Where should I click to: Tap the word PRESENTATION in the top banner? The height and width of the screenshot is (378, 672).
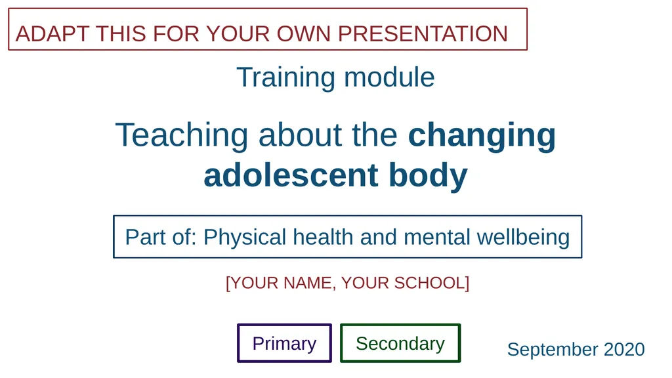pyautogui.click(x=423, y=34)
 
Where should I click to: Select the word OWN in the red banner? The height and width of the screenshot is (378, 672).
pyautogui.click(x=303, y=34)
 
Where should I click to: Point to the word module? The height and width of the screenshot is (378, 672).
pyautogui.click(x=389, y=77)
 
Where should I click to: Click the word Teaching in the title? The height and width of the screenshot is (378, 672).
pyautogui.click(x=182, y=136)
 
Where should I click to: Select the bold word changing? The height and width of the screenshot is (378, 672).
pyautogui.click(x=482, y=136)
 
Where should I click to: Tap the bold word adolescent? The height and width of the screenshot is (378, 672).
pyautogui.click(x=291, y=175)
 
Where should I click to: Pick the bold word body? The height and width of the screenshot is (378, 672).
pyautogui.click(x=428, y=176)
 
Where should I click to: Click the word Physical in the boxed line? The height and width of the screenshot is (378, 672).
pyautogui.click(x=245, y=238)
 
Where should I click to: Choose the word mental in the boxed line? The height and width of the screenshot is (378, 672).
pyautogui.click(x=436, y=237)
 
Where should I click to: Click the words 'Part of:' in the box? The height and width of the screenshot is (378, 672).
pyautogui.click(x=161, y=237)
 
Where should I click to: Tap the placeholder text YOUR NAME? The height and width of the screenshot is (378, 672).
pyautogui.click(x=282, y=283)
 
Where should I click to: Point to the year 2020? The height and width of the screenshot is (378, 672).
pyautogui.click(x=625, y=349)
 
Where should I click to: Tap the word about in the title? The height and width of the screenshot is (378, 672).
pyautogui.click(x=300, y=135)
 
